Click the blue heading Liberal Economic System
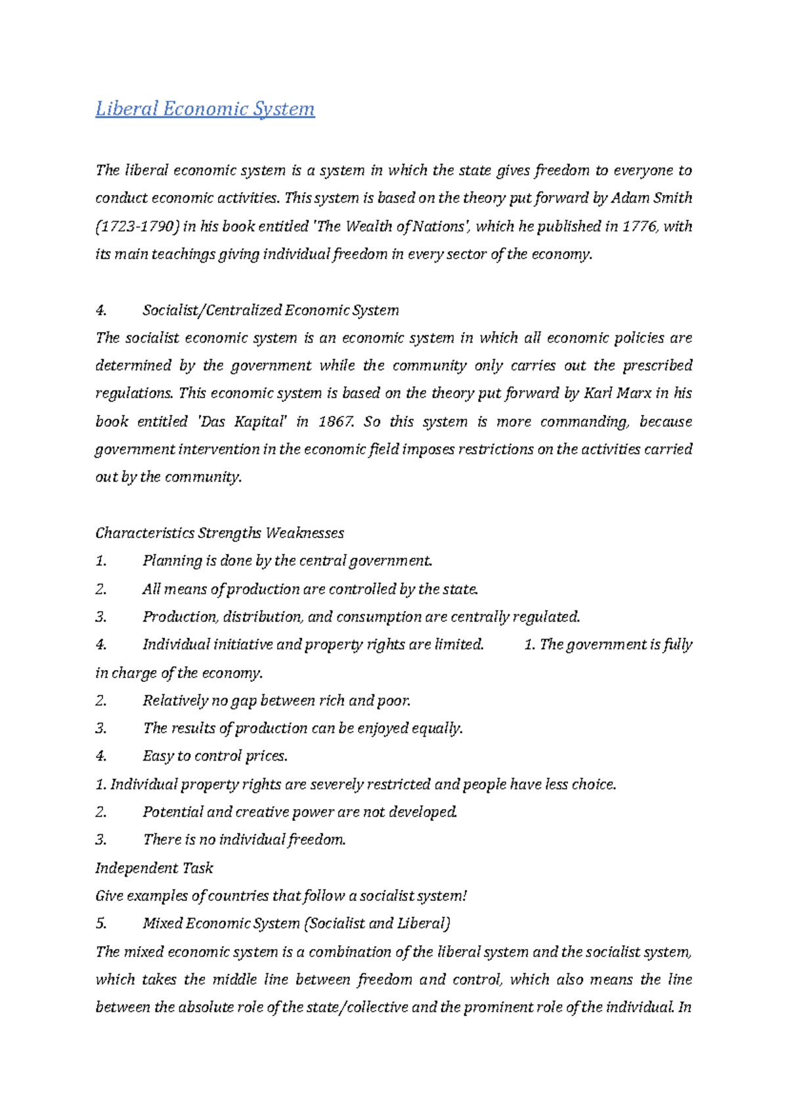[x=205, y=108]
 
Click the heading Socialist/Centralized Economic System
[x=271, y=310]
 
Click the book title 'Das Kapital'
[x=242, y=421]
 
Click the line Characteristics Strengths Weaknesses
[x=219, y=533]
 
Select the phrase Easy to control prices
[x=215, y=756]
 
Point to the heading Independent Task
[x=154, y=868]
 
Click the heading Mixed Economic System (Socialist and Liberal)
[x=297, y=923]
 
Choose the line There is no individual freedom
[x=244, y=840]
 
